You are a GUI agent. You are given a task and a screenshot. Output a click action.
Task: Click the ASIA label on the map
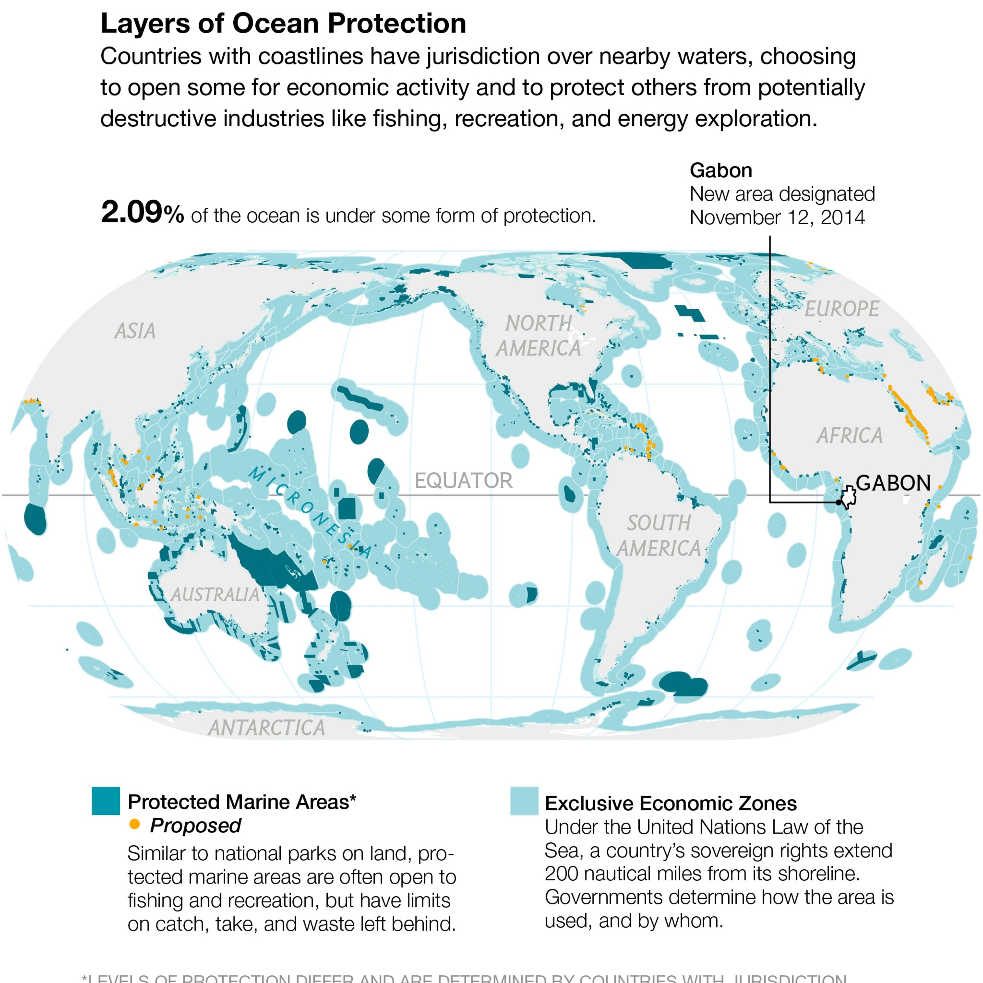tap(135, 331)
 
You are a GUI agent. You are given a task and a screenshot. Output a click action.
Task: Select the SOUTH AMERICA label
tap(659, 536)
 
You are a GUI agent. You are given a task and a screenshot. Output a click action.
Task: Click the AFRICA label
tap(850, 436)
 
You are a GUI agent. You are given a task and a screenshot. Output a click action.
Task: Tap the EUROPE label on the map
tap(842, 309)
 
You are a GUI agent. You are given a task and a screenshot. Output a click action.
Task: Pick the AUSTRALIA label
tap(215, 594)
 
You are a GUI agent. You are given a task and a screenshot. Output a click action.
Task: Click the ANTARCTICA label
tap(266, 728)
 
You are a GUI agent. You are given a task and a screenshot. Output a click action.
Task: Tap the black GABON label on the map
tap(893, 483)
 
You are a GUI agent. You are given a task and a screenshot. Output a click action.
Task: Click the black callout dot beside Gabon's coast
tap(838, 502)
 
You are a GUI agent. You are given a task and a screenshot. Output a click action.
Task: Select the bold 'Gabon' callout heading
tap(721, 171)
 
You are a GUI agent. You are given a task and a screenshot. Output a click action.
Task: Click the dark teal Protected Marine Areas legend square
tap(106, 801)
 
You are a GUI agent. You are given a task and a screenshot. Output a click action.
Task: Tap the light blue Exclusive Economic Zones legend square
tap(524, 801)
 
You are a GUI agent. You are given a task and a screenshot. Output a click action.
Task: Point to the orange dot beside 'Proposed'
tap(135, 824)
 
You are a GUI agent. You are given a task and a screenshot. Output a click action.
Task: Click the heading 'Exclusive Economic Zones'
tap(671, 803)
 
